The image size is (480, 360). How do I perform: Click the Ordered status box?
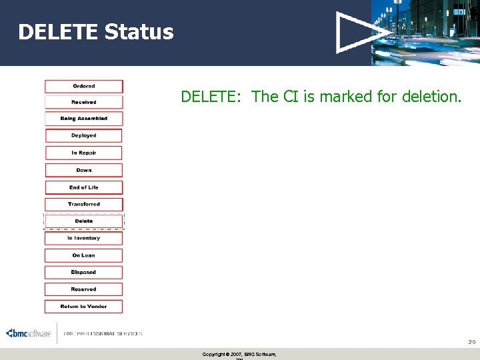[x=84, y=86]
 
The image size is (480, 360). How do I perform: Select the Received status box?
[x=84, y=102]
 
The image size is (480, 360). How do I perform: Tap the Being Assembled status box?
[x=84, y=119]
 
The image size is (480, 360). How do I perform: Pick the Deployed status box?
[x=84, y=135]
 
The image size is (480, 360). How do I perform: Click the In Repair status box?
[x=84, y=153]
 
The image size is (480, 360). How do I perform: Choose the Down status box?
[x=84, y=170]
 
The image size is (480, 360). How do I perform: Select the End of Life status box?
[x=84, y=187]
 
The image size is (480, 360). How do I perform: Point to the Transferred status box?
[x=84, y=204]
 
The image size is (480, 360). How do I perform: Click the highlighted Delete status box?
[x=84, y=221]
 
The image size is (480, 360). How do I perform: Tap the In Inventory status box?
[x=84, y=238]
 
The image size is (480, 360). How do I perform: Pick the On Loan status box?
[x=84, y=255]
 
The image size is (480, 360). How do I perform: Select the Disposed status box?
[x=84, y=272]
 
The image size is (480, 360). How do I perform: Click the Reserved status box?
[x=84, y=289]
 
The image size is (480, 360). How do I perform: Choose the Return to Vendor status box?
[x=84, y=307]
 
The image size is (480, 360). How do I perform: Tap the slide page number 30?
[x=471, y=341]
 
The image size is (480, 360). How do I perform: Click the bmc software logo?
[x=29, y=333]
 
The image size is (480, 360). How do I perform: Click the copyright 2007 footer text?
[x=239, y=354]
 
